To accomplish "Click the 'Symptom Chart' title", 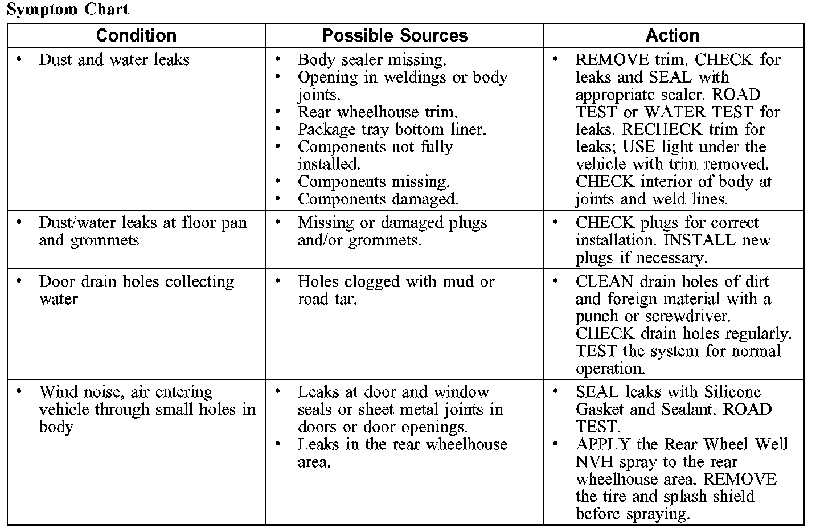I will pos(68,9).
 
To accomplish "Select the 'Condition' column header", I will pos(136,35).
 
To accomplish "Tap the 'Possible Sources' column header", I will pos(395,35).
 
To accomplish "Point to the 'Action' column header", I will pos(672,35).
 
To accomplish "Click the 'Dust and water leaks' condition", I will pos(114,60).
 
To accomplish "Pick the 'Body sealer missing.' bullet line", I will pos(372,60).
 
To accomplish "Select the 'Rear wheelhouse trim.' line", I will pos(378,112).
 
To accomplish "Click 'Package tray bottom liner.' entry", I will pos(392,130).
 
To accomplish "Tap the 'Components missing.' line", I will pos(374,182).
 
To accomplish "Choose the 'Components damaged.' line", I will pos(378,199).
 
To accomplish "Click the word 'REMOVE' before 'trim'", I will pos(612,60).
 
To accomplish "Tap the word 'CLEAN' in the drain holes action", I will pos(604,281).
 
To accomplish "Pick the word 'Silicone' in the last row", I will pos(732,392).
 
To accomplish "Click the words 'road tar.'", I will pos(327,299).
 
